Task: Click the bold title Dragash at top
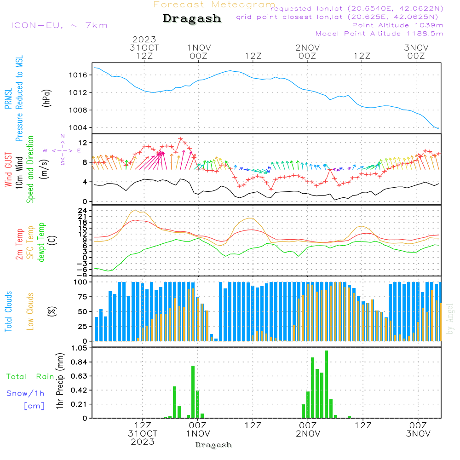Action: pos(192,19)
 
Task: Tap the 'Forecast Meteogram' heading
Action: pos(214,5)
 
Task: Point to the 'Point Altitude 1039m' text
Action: pos(398,25)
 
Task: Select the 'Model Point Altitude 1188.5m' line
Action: pos(379,34)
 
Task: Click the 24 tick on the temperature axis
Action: pos(82,211)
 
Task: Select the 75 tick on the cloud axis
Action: pos(82,297)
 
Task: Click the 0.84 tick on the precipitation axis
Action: pos(79,362)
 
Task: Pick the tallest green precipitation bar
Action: pos(326,384)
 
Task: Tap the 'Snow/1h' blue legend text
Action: pos(26,393)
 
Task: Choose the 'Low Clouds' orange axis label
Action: pos(30,311)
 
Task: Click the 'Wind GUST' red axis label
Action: pos(8,171)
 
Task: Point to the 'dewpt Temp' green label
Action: pos(42,242)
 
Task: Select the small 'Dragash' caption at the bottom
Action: pos(213,445)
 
